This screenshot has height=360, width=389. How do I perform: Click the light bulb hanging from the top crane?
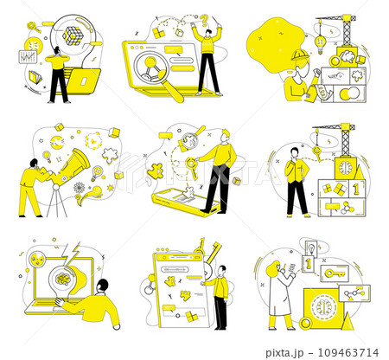[320, 41]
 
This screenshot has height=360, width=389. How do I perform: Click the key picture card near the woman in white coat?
[329, 273]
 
